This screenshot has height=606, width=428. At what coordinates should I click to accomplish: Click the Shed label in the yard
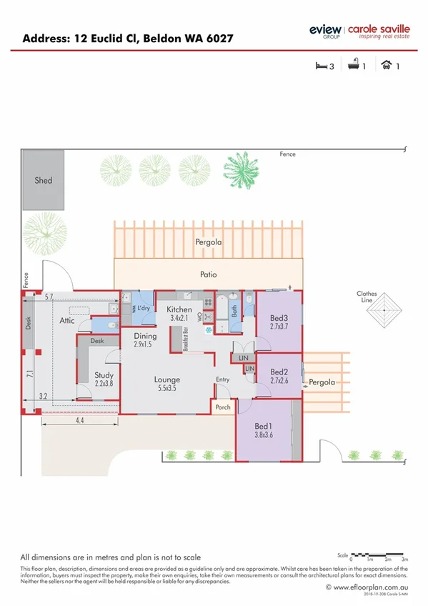pos(44,181)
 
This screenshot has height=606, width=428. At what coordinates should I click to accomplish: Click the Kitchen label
pos(179,309)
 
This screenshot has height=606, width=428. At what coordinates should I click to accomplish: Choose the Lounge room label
pos(166,379)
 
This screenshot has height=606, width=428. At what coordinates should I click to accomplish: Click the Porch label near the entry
pos(222,407)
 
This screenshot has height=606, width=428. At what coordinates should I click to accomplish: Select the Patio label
pos(208,274)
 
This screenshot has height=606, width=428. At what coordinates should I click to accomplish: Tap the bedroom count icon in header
pos(322,66)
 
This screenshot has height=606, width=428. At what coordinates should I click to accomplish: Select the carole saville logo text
pos(378,30)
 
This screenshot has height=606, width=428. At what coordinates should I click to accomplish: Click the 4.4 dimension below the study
pos(79,422)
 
